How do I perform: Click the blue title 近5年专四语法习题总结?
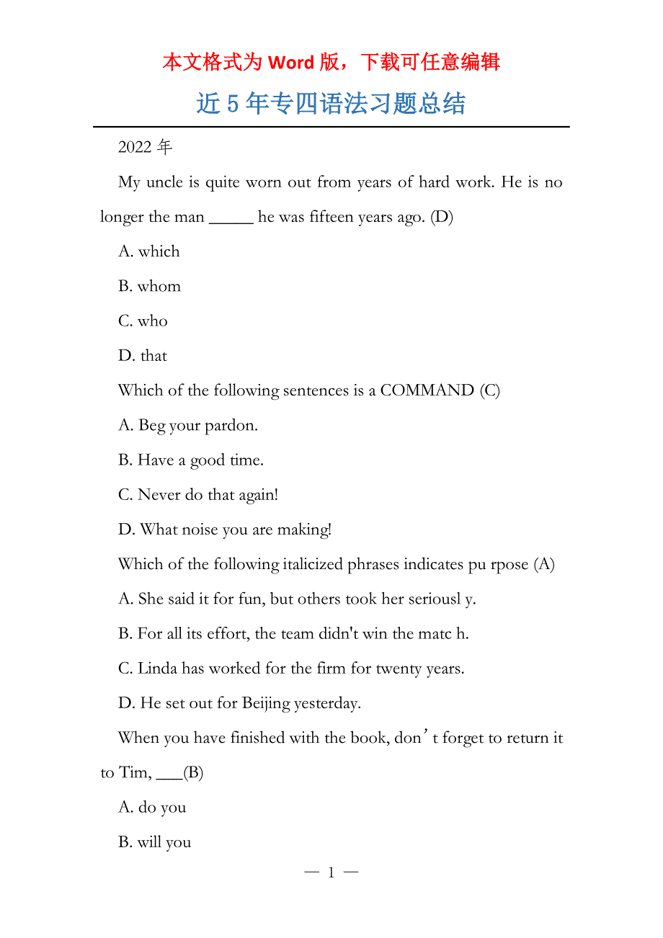(x=331, y=104)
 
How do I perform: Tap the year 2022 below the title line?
(x=134, y=148)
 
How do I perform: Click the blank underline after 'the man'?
(x=231, y=218)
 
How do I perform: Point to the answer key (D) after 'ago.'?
(x=442, y=218)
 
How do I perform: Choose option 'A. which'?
(x=149, y=252)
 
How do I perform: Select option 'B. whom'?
(x=149, y=287)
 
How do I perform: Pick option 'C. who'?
(x=143, y=321)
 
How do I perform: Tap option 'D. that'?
(x=143, y=356)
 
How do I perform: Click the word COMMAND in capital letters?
(x=427, y=390)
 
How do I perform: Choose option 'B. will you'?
(x=154, y=842)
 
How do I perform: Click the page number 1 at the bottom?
(x=331, y=873)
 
